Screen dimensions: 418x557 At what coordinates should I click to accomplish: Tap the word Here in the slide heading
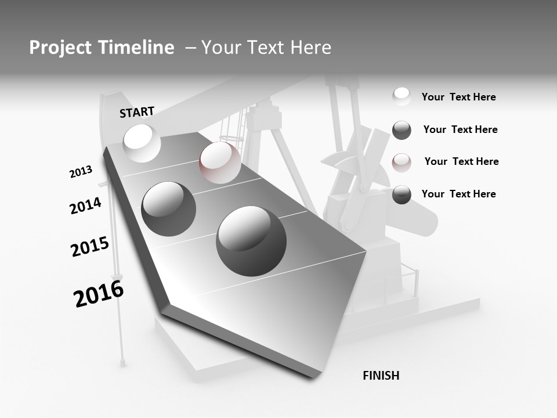310,48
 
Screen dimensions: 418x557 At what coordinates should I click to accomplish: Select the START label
137,112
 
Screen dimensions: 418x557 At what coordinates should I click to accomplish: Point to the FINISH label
381,376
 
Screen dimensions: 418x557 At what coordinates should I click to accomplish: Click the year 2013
81,172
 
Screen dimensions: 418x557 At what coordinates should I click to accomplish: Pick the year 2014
85,206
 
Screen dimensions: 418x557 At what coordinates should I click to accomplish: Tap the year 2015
90,247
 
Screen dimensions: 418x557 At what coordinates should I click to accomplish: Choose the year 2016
99,294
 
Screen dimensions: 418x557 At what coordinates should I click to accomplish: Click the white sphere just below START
142,143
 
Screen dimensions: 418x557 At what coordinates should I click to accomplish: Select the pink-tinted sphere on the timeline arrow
220,163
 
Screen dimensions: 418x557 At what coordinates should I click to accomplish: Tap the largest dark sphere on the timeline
251,240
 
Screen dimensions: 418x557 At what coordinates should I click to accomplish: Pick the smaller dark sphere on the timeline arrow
169,208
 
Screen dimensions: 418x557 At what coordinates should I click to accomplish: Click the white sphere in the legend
402,97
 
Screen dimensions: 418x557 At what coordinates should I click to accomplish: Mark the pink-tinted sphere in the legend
402,162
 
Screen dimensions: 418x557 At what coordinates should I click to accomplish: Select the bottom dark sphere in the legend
402,194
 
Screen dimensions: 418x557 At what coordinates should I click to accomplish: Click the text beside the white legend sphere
458,98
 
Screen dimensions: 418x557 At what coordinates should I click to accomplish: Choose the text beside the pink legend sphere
461,161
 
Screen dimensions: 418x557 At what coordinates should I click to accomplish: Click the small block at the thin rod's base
123,363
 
